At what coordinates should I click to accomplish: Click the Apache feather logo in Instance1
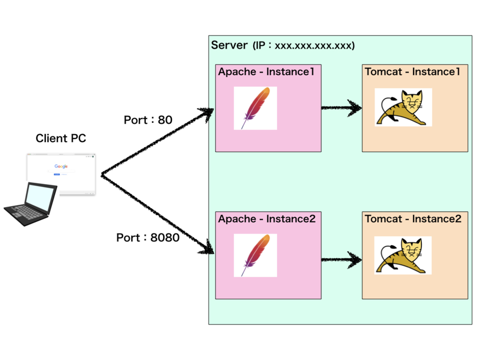coord(256,108)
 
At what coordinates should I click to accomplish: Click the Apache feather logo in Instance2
coord(256,255)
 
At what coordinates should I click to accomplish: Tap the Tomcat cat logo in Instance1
coord(403,107)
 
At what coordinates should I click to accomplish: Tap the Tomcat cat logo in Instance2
coord(403,255)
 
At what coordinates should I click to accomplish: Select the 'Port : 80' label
coord(148,120)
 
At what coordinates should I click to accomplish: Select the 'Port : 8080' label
coord(148,237)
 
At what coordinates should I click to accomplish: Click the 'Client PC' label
coord(61,138)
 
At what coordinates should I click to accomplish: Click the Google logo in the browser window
coord(61,167)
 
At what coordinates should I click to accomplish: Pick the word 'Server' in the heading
coord(229,45)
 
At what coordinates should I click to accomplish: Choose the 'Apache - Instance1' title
coord(266,72)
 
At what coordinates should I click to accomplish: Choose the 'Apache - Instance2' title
coord(267,219)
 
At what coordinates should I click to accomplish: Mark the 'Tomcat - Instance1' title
coord(412,72)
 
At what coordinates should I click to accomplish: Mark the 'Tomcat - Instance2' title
coord(413,219)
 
